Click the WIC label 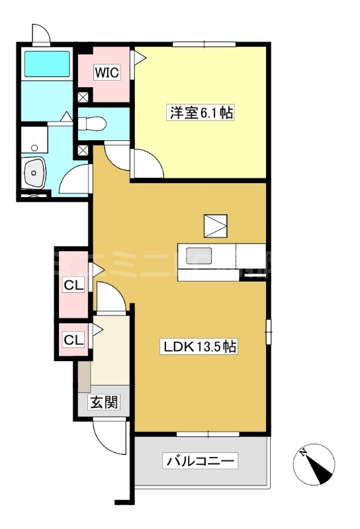(x=106, y=73)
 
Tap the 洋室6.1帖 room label (x=199, y=113)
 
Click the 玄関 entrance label (x=105, y=402)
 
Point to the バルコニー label (x=201, y=461)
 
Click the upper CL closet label (x=73, y=286)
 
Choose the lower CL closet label (x=73, y=340)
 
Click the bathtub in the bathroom (x=47, y=64)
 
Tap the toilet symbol (x=93, y=122)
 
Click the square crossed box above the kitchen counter (x=215, y=225)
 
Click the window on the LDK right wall (x=269, y=331)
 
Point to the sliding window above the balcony (x=207, y=434)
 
